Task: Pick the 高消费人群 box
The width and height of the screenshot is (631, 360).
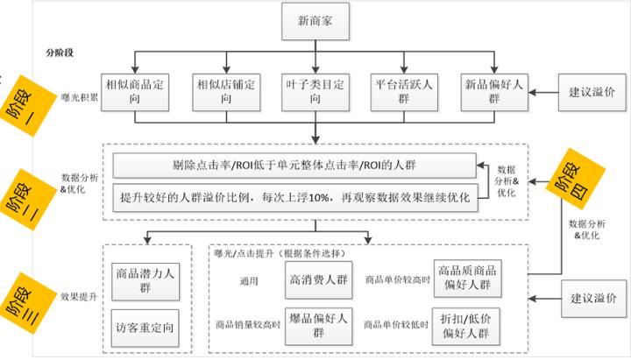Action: [x=319, y=279]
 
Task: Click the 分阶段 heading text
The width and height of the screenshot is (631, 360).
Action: [x=59, y=53]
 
